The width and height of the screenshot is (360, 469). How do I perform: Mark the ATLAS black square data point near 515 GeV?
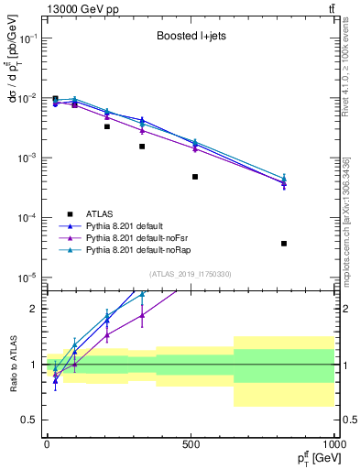pos(195,177)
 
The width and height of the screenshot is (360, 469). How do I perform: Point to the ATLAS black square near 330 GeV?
pos(142,147)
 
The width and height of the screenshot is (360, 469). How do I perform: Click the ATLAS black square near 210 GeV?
pos(107,126)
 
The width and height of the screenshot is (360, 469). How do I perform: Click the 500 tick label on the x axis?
pos(191,444)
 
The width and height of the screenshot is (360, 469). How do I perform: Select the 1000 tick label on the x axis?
pos(333,444)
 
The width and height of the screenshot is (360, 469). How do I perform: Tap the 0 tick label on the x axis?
pos(47,444)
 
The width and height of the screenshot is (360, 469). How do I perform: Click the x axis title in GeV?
pos(307,458)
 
